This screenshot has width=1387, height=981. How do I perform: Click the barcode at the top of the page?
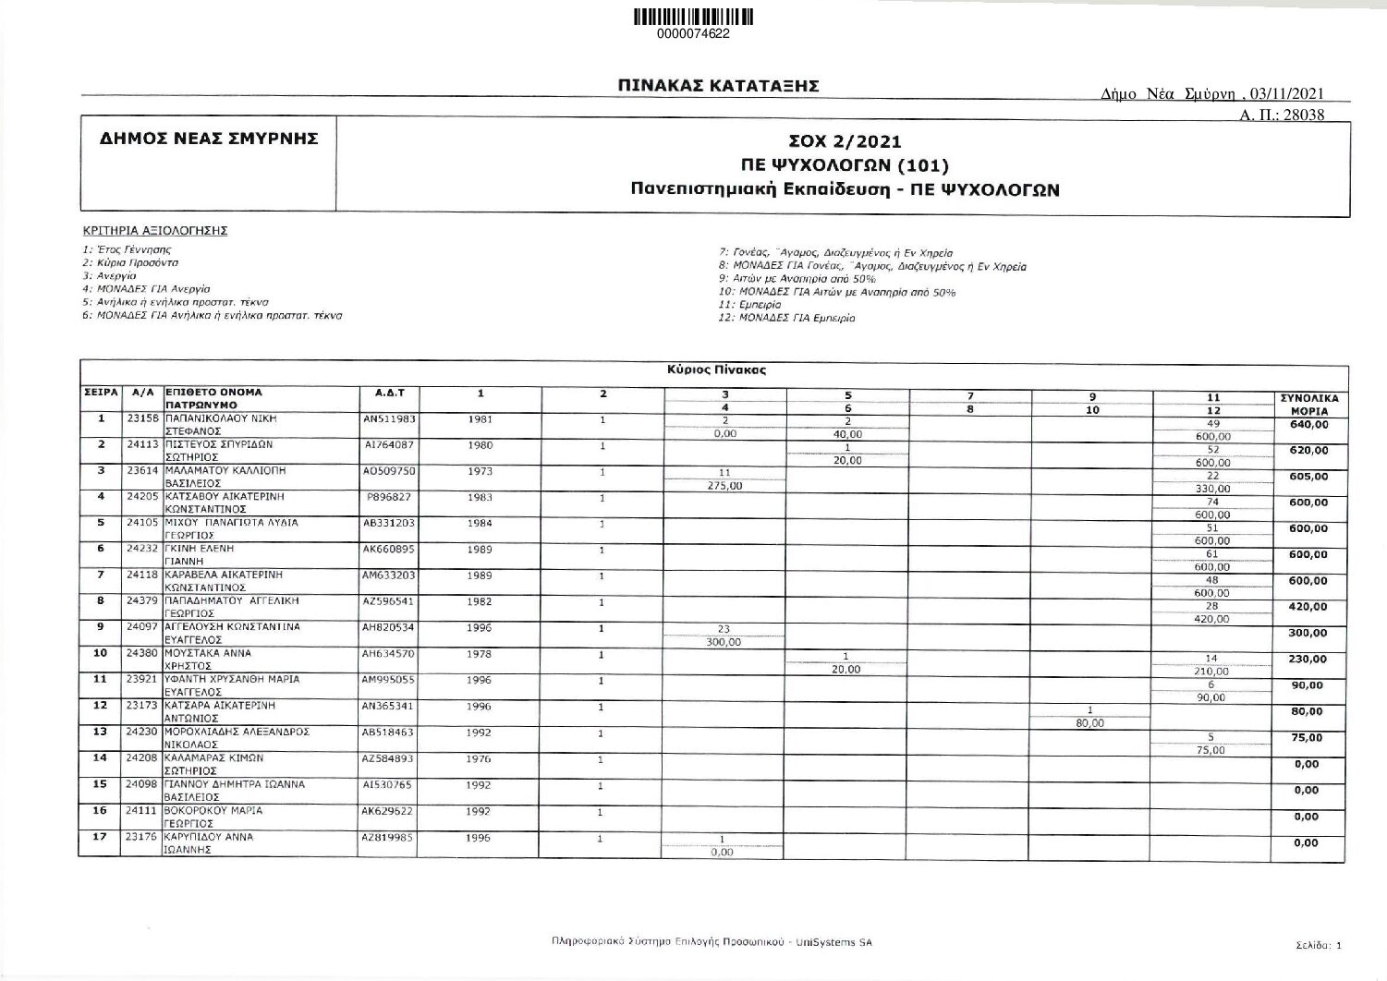[693, 17]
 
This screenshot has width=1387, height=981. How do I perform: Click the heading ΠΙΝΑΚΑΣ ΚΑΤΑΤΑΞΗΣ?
[719, 86]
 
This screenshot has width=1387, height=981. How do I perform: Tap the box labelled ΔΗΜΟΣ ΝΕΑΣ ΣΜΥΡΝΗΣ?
[209, 139]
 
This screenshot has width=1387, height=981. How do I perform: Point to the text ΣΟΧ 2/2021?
[845, 142]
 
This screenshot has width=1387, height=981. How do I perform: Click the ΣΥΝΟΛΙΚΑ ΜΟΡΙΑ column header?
[1308, 405]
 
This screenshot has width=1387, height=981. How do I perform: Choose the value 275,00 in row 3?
[724, 486]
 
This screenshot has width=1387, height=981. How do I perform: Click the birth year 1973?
[480, 471]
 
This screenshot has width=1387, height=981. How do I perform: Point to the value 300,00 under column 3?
[724, 643]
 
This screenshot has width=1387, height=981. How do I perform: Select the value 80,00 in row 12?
[1090, 723]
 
